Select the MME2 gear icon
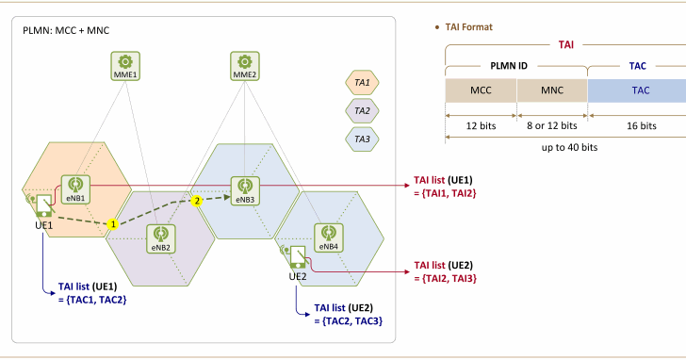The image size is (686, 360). click(x=243, y=62)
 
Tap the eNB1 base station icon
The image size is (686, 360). click(x=75, y=187)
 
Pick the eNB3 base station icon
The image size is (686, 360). click(x=245, y=187)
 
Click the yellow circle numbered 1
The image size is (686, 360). click(x=112, y=224)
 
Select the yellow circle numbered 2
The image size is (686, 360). click(x=196, y=200)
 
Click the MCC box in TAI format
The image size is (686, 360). click(x=481, y=90)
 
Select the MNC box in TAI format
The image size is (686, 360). click(x=551, y=90)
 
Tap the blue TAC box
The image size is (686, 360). click(x=639, y=90)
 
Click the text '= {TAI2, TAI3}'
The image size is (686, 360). click(x=442, y=279)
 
